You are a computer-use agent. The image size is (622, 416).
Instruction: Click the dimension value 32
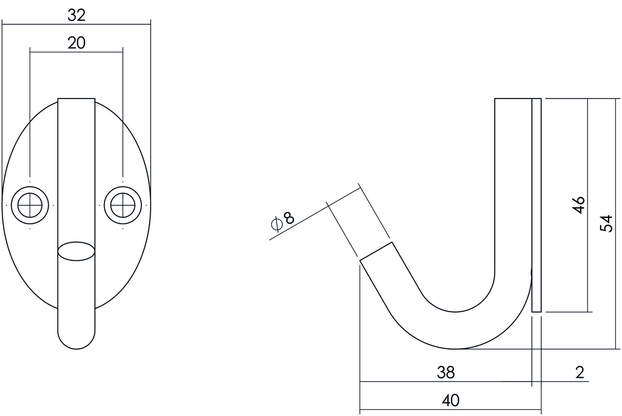pos(76,16)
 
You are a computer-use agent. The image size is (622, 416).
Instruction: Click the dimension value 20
pos(76,43)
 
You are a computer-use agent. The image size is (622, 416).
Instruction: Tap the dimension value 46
pos(578,205)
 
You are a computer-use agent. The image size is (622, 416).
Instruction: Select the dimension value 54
pos(605,223)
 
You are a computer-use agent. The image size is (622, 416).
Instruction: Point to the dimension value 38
pos(445,372)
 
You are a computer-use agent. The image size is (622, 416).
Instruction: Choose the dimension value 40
pos(450,400)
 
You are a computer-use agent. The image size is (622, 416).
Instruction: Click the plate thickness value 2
pos(579,372)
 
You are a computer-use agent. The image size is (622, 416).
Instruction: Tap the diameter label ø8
pos(283,220)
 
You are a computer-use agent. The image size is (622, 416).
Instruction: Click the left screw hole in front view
pos(30,206)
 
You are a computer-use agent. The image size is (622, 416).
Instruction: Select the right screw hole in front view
pos(122,206)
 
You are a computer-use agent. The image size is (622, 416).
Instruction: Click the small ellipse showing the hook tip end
pos(76,251)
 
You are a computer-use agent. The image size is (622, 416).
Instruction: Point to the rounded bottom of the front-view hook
pos(76,340)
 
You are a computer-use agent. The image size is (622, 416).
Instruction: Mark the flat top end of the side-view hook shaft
pos(513,100)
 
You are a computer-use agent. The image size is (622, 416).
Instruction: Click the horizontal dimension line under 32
pos(76,25)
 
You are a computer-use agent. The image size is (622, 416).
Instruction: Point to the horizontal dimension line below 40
pos(450,409)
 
